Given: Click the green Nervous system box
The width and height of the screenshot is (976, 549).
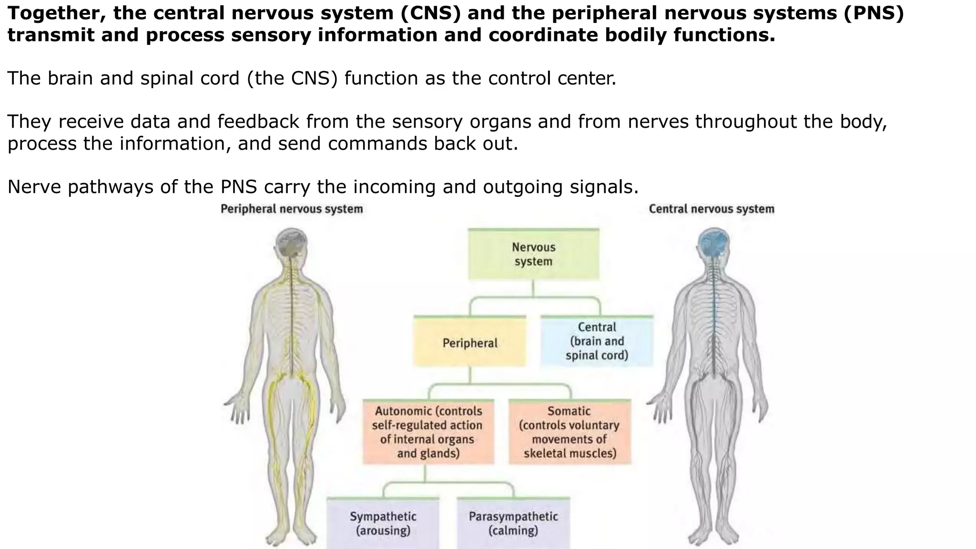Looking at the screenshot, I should tap(533, 254).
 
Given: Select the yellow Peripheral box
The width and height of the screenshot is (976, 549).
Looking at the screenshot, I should tap(470, 343).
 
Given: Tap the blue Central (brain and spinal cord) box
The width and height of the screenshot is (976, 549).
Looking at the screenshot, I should tap(597, 341).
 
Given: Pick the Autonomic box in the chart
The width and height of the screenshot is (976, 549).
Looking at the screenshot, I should tap(428, 432).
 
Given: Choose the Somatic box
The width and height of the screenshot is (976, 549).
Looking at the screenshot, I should tap(569, 432).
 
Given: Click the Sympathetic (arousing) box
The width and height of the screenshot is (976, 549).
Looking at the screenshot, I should tap(383, 523).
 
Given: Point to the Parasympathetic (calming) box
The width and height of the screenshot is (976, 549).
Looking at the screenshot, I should tap(513, 523).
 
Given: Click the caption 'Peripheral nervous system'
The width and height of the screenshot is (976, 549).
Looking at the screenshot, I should tap(292, 209).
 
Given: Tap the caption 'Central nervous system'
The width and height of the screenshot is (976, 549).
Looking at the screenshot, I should tap(711, 209).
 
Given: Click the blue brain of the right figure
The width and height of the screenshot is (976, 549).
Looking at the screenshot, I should tap(713, 243).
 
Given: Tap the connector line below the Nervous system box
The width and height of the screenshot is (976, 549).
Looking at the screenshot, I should tap(533, 289).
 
